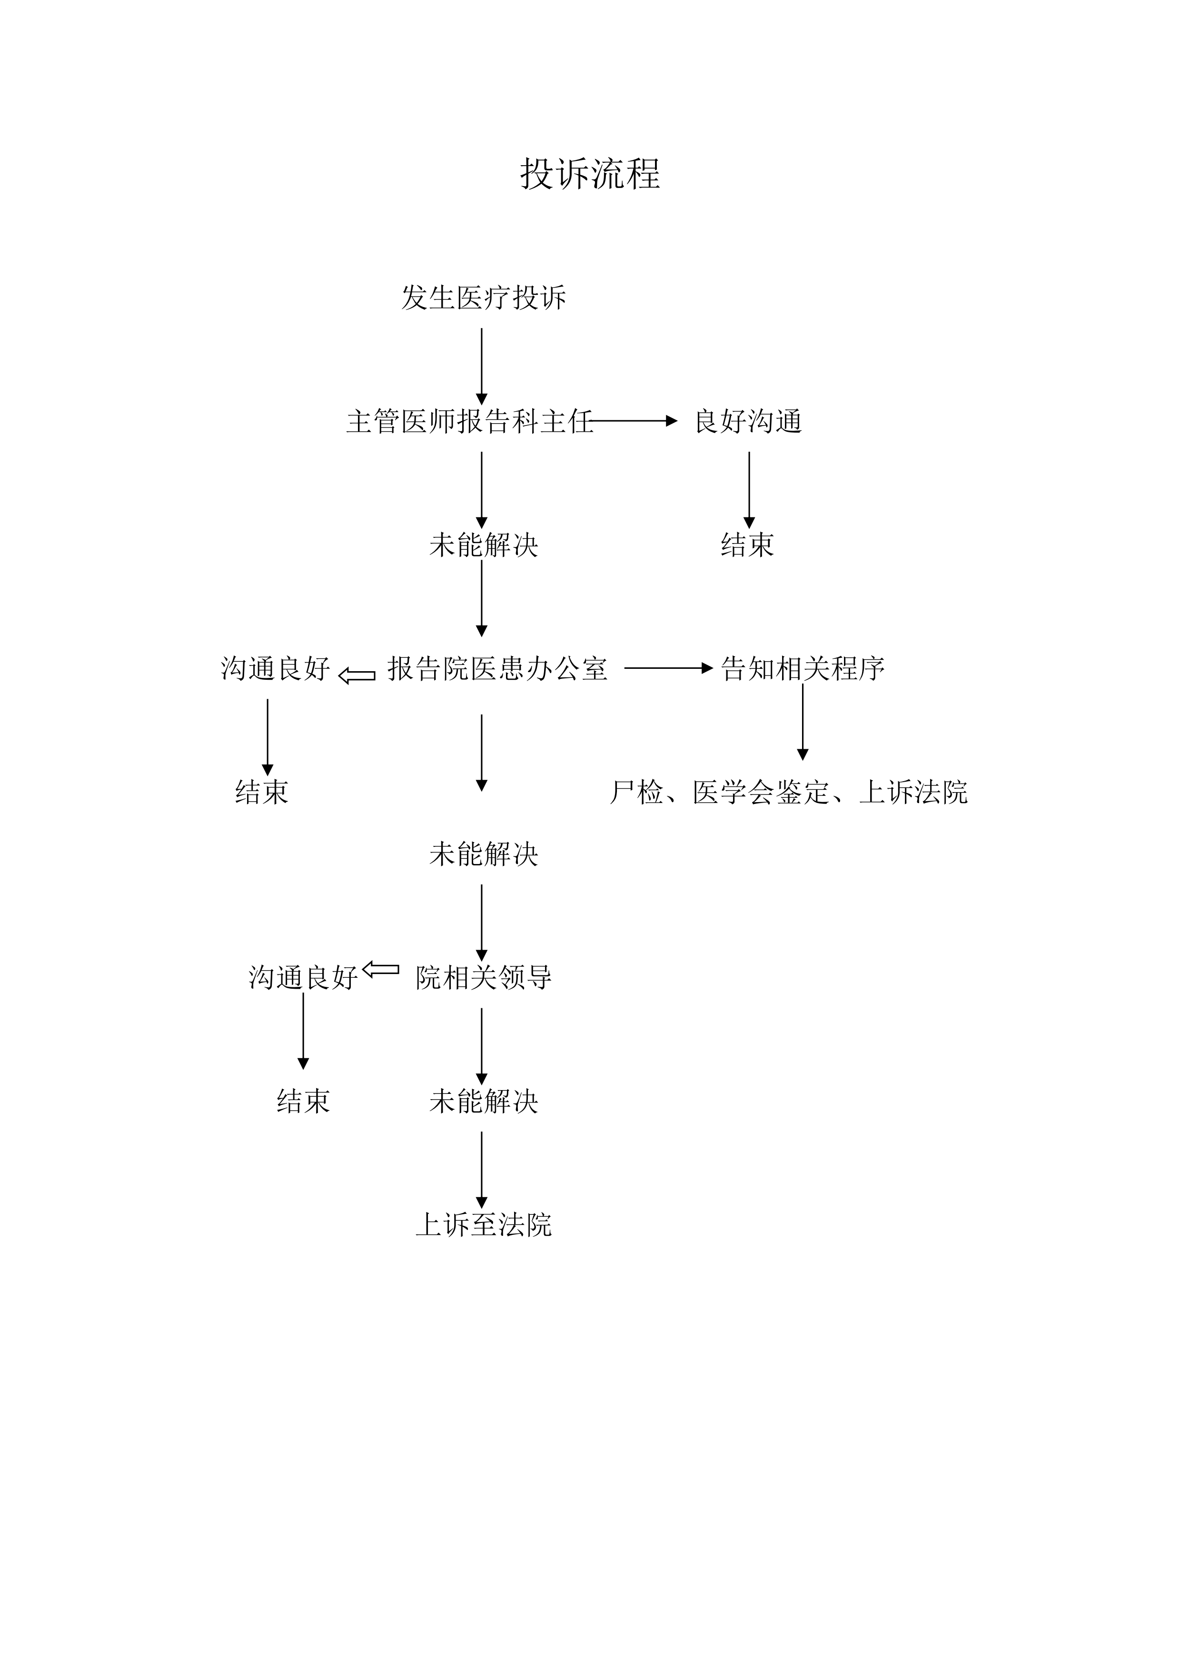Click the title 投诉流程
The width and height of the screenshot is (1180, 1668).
pos(590,174)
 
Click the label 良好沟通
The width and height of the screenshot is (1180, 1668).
pos(748,421)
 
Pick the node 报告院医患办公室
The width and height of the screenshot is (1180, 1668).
pos(497,668)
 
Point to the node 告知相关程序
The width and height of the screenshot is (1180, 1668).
pos(803,668)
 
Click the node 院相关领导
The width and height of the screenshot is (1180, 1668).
pos(484,978)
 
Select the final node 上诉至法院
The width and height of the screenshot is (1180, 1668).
pos(484,1225)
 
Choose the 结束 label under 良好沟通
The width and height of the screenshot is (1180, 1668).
pos(748,545)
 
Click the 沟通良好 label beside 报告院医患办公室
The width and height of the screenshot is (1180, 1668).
pos(276,668)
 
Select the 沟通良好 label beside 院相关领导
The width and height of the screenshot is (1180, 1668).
pos(303,978)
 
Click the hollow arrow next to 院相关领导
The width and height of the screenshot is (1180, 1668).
pos(381,969)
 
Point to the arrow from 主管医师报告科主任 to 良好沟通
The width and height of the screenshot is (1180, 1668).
pos(634,421)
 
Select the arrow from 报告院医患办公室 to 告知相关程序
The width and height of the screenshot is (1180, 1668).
pos(668,668)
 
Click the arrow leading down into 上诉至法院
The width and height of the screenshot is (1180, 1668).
pos(481,1171)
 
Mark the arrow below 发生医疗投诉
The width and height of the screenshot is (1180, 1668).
pos(481,367)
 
